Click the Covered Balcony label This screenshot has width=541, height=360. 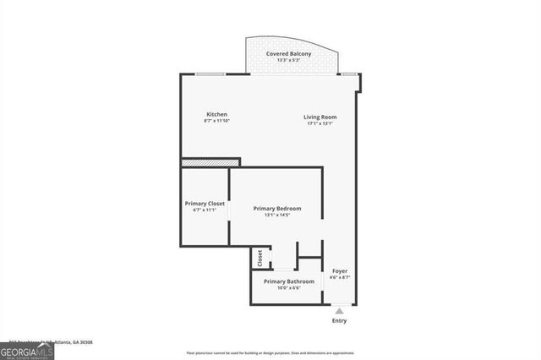pos(288,54)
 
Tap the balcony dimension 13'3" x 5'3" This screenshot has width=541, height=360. pos(288,61)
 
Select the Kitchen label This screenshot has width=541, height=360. pos(216,115)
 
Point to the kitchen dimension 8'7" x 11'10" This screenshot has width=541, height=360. pos(216,122)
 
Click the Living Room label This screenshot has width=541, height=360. pos(320,117)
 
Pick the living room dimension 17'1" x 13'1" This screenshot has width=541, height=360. pos(320,123)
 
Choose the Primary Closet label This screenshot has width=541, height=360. pos(205,203)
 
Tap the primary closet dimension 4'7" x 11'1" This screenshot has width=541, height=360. pos(205,210)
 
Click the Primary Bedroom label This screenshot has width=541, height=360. pos(277,208)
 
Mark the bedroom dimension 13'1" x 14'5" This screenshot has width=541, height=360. pos(277,215)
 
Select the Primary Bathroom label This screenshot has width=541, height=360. pos(288,281)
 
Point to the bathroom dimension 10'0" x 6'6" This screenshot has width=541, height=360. pos(288,288)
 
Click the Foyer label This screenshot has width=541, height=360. pos(339,270)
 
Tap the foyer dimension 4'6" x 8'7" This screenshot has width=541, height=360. pos(339,277)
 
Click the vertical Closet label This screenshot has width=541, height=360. pos(260,257)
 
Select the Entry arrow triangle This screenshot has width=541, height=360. pos(339,311)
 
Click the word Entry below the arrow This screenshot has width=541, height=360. pos(339,321)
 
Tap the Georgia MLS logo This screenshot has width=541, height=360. pos(27,351)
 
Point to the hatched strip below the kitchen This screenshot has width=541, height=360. pos(210,162)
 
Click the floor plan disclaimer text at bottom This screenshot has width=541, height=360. pos(270,353)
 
